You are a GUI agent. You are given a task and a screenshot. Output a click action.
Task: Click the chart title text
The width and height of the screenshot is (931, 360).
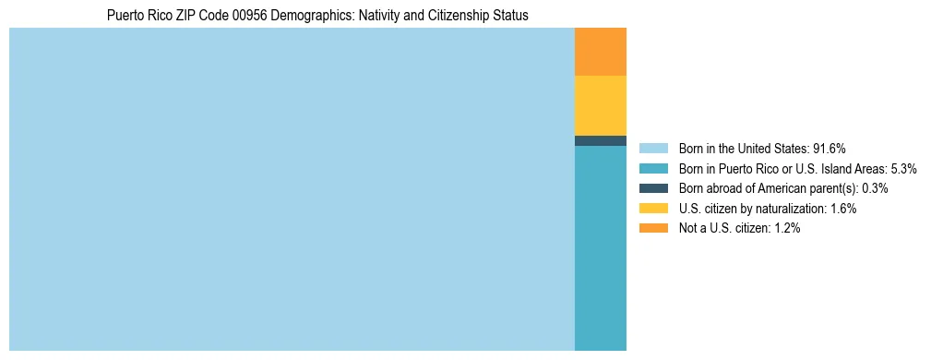point(317,16)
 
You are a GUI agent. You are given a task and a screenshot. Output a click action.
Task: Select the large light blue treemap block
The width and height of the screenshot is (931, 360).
point(292,189)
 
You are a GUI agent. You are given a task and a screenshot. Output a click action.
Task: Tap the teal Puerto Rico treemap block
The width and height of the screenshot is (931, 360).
point(600,247)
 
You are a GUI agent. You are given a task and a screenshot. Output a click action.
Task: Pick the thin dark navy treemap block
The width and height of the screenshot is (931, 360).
point(600,140)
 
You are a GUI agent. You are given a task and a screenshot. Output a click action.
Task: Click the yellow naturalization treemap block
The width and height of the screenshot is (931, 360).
point(600,105)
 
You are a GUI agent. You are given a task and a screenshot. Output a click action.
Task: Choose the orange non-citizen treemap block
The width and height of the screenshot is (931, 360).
point(600,52)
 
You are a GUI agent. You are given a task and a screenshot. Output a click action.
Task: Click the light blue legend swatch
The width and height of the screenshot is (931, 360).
point(653,149)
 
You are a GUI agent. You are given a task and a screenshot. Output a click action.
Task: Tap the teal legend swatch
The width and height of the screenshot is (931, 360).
point(653,169)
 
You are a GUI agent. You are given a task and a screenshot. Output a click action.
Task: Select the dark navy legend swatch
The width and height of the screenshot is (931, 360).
point(653,188)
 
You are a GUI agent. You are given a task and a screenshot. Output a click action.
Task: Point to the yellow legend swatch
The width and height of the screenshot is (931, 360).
point(653,209)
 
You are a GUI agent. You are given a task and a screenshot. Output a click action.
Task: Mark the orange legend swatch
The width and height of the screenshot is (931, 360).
point(653,229)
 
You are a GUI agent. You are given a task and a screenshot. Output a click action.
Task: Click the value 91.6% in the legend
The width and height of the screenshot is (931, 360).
point(830,149)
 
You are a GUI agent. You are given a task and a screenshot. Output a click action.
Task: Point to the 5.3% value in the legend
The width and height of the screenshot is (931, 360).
point(903,169)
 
